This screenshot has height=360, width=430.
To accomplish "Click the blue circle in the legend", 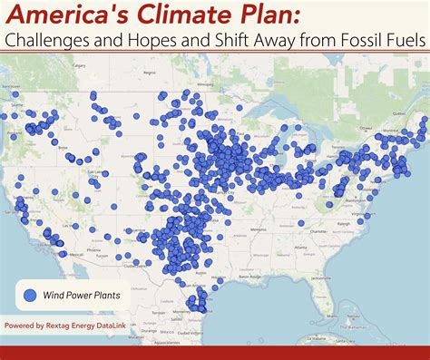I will point(32,295).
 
